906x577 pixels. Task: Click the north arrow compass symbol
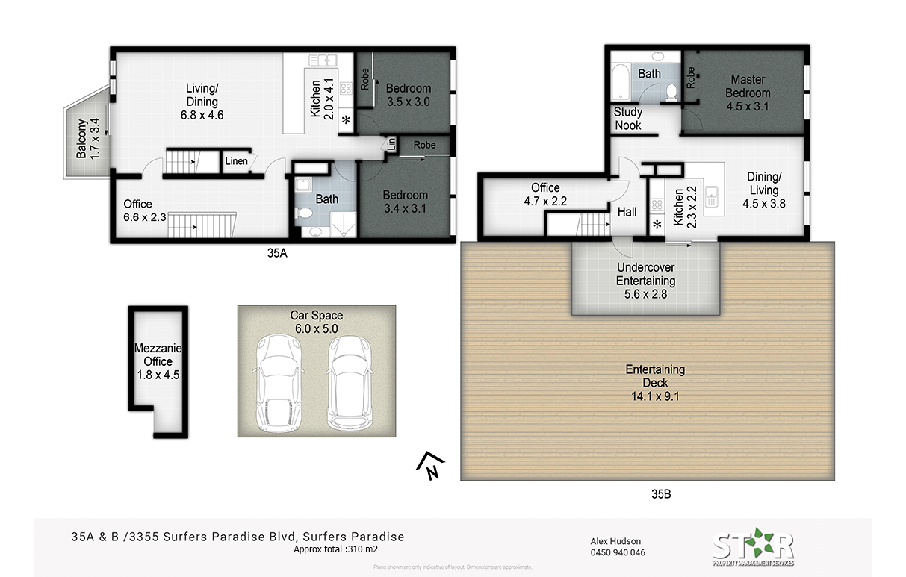click(x=431, y=466)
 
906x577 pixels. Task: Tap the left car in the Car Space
click(x=278, y=382)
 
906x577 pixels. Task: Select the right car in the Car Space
click(x=350, y=382)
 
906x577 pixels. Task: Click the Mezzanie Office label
click(x=158, y=355)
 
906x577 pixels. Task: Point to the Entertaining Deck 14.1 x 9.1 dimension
click(x=655, y=396)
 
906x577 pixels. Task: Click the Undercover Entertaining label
click(x=645, y=274)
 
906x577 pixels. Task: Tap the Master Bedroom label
click(x=748, y=86)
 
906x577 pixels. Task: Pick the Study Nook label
click(x=627, y=119)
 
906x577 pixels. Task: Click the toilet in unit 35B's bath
click(x=671, y=92)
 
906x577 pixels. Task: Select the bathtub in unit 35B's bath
click(x=620, y=82)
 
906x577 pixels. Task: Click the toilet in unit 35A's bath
click(x=304, y=212)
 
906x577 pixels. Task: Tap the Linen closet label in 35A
click(x=236, y=161)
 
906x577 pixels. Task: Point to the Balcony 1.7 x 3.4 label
click(x=88, y=138)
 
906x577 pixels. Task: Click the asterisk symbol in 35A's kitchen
click(x=347, y=120)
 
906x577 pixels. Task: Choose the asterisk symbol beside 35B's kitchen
click(x=657, y=225)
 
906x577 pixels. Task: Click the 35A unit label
click(x=277, y=253)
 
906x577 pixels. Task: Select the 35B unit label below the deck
click(x=661, y=494)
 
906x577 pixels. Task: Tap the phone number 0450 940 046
click(x=618, y=552)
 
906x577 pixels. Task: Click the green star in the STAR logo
click(x=754, y=542)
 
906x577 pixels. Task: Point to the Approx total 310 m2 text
click(x=335, y=549)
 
